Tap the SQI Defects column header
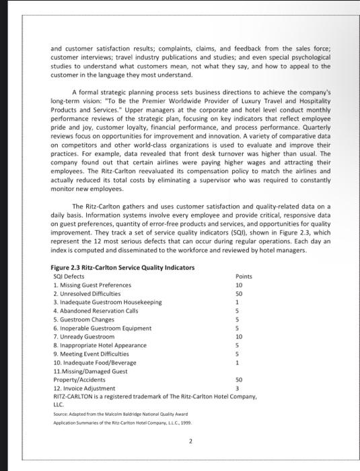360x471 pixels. [x=69, y=276]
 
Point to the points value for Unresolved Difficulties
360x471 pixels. [x=239, y=293]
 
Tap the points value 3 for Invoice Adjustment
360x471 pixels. [x=238, y=388]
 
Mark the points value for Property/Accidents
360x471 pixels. [x=239, y=379]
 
